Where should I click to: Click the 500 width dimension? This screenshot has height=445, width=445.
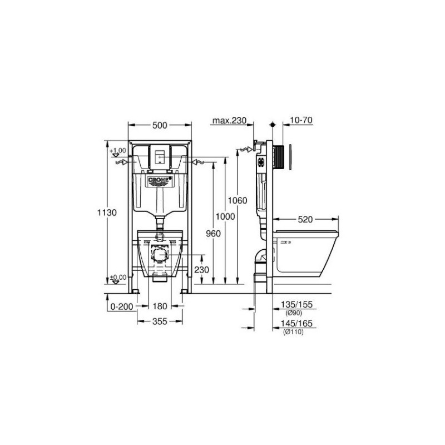coord(160,125)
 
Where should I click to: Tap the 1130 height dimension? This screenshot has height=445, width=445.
coord(107,212)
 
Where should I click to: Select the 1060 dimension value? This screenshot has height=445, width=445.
coord(238,201)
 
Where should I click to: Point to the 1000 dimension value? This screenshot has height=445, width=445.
coord(225,216)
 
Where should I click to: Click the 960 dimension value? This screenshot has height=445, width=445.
coord(213,234)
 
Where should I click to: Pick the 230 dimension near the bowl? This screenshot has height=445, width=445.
coord(201,270)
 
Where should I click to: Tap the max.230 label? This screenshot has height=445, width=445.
coord(230,121)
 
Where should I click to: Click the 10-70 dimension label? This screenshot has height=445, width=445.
coord(301,120)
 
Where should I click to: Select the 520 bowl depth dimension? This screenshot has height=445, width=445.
coord(305,219)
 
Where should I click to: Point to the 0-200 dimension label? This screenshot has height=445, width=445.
coord(122,306)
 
